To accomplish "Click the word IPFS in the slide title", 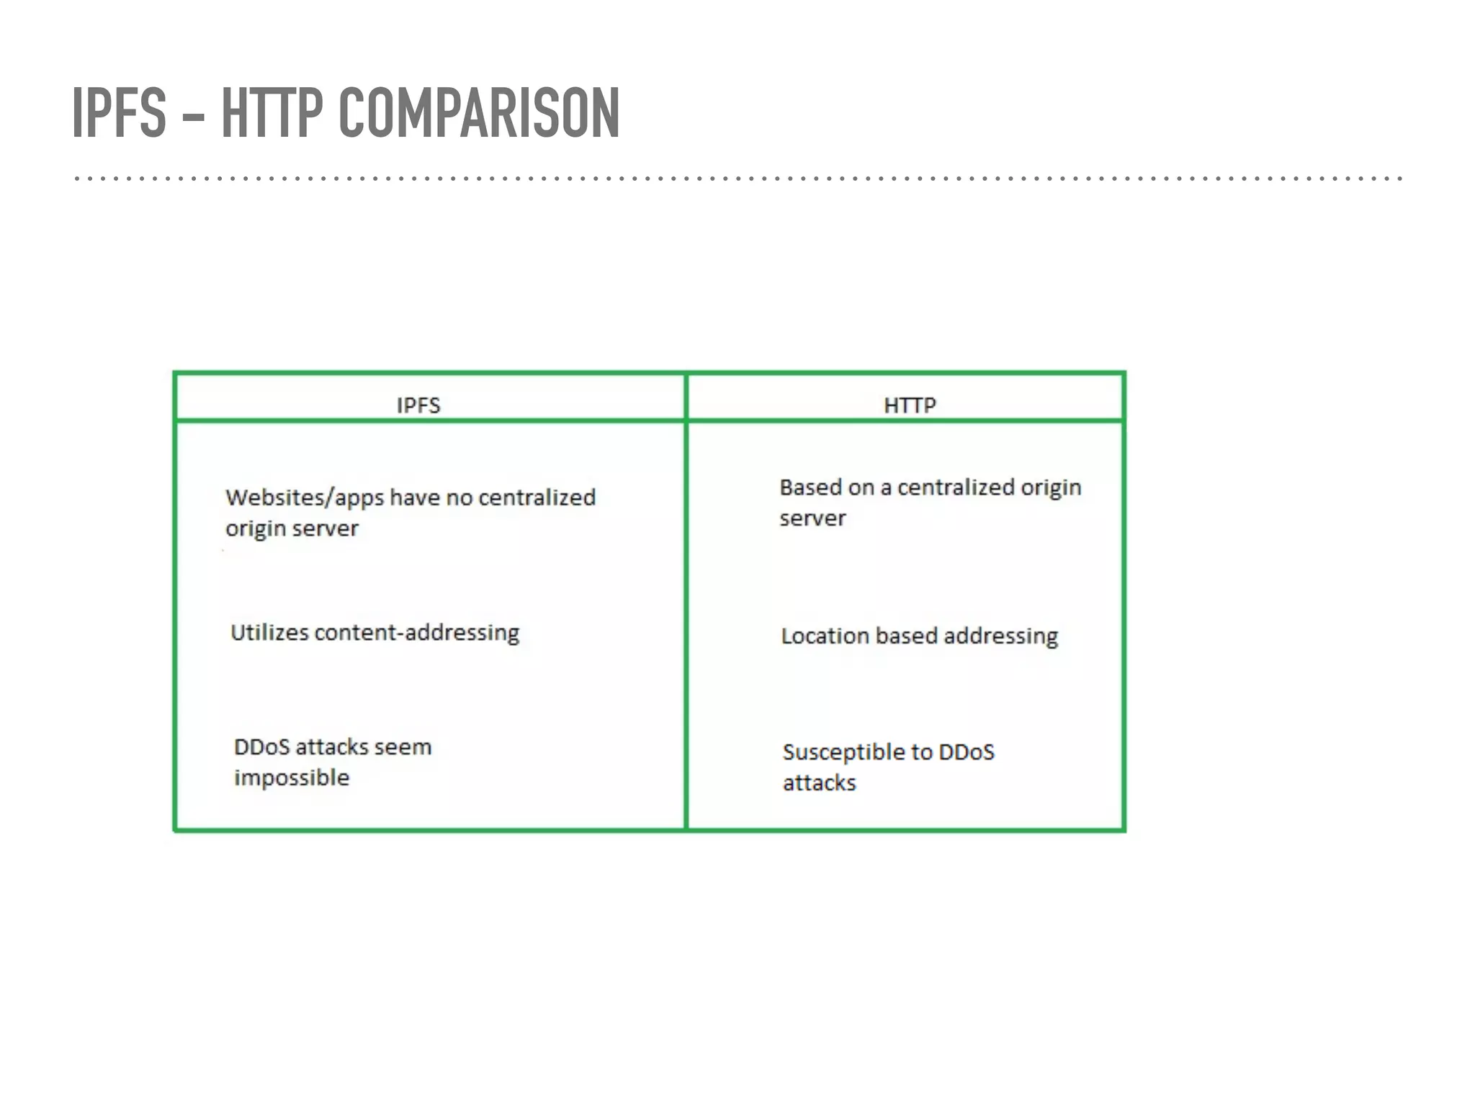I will tap(120, 112).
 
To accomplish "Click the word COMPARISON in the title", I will tap(478, 112).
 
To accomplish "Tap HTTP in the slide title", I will tap(272, 112).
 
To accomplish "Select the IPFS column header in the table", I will tap(418, 405).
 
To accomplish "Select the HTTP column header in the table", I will tap(910, 405).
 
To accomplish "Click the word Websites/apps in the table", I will tap(304, 498).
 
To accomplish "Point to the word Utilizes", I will tap(269, 632).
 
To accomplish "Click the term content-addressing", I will tap(416, 633).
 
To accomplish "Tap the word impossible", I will tap(292, 778).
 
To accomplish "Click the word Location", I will tap(825, 636).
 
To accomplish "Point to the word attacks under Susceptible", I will tap(819, 783).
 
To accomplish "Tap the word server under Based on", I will tap(812, 518).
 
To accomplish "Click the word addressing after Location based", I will tap(1000, 637).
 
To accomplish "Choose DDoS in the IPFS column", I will tap(261, 747).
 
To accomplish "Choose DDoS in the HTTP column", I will tap(967, 752).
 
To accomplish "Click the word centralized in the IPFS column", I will tap(537, 498).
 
